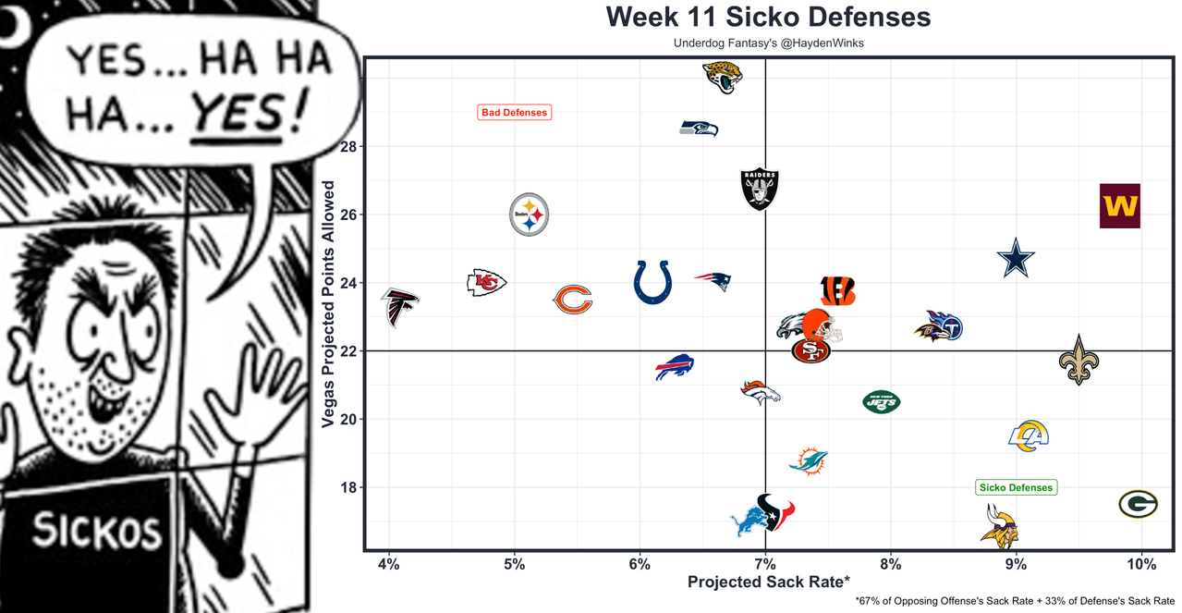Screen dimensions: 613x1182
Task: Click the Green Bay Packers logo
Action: [1137, 504]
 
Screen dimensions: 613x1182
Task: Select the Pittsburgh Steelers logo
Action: [529, 215]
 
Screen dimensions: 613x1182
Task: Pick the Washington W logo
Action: [1119, 205]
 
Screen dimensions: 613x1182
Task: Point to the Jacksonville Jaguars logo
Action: [722, 76]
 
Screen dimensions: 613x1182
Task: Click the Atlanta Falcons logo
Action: [399, 307]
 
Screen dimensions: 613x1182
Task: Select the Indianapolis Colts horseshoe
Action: [652, 281]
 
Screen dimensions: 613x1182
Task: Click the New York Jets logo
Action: [881, 402]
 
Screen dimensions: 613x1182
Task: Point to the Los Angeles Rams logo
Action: [1029, 435]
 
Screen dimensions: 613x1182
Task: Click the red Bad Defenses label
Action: [515, 113]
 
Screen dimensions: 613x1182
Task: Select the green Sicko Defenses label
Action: [1016, 487]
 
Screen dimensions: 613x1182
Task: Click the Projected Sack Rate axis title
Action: [767, 582]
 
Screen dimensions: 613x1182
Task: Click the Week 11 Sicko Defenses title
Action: [768, 17]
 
